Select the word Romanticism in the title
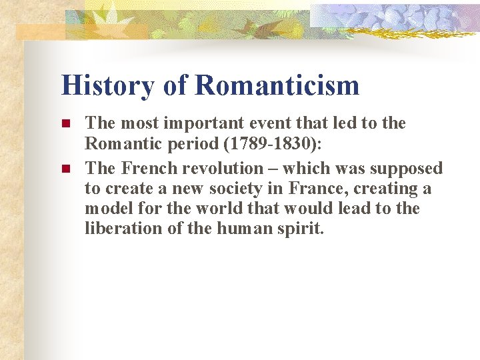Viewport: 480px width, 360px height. pos(277,85)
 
